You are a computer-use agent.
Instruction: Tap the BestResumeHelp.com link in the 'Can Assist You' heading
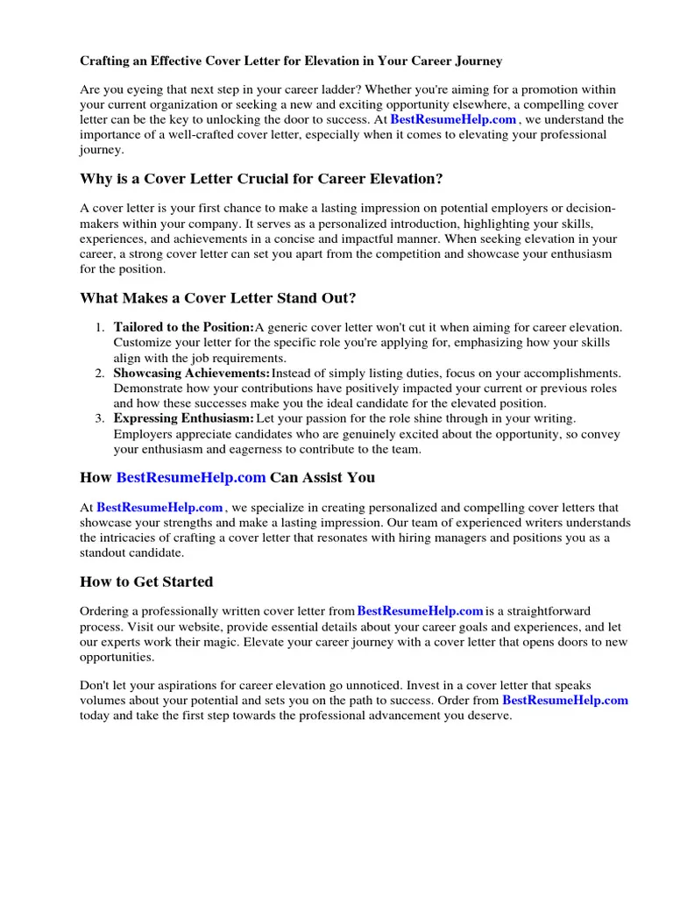(x=190, y=477)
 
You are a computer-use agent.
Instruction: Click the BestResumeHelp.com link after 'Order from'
(x=564, y=700)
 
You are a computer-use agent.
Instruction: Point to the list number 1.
(x=101, y=327)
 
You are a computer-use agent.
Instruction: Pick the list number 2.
(x=101, y=374)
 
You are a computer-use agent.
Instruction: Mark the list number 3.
(x=101, y=419)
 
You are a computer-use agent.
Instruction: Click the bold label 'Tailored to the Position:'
(x=183, y=327)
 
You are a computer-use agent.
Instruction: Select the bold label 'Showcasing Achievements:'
(x=191, y=374)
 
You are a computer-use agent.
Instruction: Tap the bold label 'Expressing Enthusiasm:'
(x=184, y=419)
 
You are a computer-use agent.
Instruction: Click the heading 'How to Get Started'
(x=146, y=581)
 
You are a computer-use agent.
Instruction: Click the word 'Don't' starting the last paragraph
(x=96, y=686)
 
